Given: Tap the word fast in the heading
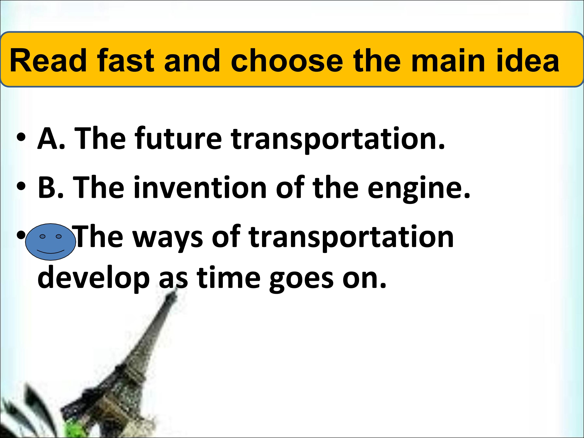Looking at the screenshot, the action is (125, 60).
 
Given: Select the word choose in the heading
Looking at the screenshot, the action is (287, 60).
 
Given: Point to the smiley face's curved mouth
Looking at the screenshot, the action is (50, 251).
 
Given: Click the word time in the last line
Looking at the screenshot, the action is (229, 279).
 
